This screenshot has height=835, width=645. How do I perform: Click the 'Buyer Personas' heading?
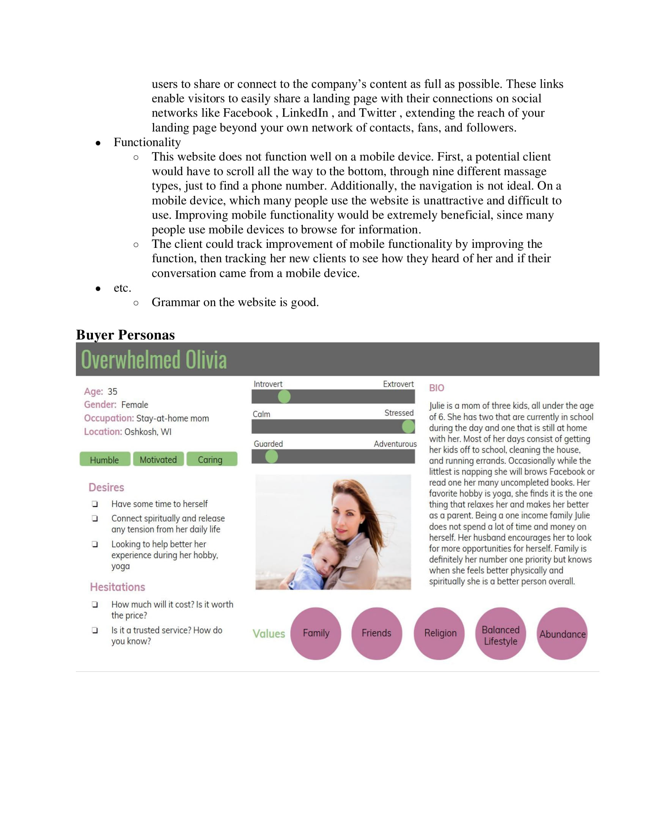pyautogui.click(x=125, y=334)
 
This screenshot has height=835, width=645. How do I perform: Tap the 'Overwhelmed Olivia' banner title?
pyautogui.click(x=154, y=360)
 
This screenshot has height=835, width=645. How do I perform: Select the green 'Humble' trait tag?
pyautogui.click(x=105, y=459)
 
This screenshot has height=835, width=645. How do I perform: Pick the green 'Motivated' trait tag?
pyautogui.click(x=158, y=459)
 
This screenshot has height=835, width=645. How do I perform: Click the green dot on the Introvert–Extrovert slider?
pyautogui.click(x=284, y=397)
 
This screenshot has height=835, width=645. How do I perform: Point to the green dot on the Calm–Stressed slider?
pyautogui.click(x=408, y=426)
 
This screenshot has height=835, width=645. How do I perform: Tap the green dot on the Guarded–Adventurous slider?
pyautogui.click(x=271, y=456)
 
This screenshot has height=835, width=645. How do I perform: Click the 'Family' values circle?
pyautogui.click(x=316, y=633)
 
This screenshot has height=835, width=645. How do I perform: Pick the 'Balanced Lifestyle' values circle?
pyautogui.click(x=500, y=633)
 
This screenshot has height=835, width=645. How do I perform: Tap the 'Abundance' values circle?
pyautogui.click(x=562, y=633)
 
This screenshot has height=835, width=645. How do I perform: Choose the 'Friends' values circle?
pyautogui.click(x=376, y=633)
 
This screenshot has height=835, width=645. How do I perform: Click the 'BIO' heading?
pyautogui.click(x=436, y=388)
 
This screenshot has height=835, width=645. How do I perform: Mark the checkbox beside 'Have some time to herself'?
pyautogui.click(x=95, y=504)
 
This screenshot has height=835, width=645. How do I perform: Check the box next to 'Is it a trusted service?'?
pyautogui.click(x=95, y=630)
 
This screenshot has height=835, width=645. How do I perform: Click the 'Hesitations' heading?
pyautogui.click(x=117, y=587)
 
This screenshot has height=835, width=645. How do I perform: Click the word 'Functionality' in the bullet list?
pyautogui.click(x=147, y=142)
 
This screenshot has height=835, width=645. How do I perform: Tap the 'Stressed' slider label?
pyautogui.click(x=398, y=413)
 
